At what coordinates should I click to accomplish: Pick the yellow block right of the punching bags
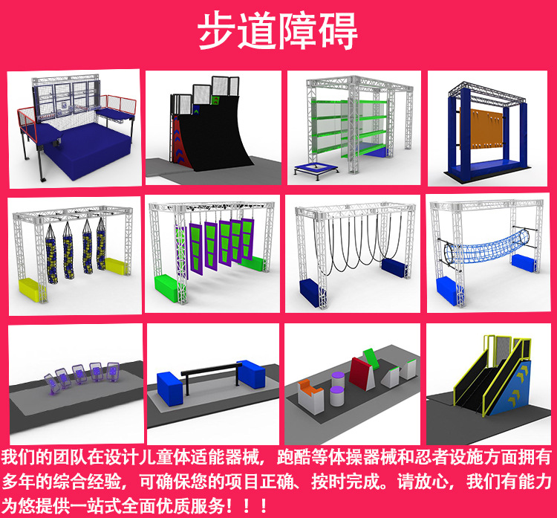tap(115, 265)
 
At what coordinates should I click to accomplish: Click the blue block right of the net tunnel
tap(524, 263)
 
